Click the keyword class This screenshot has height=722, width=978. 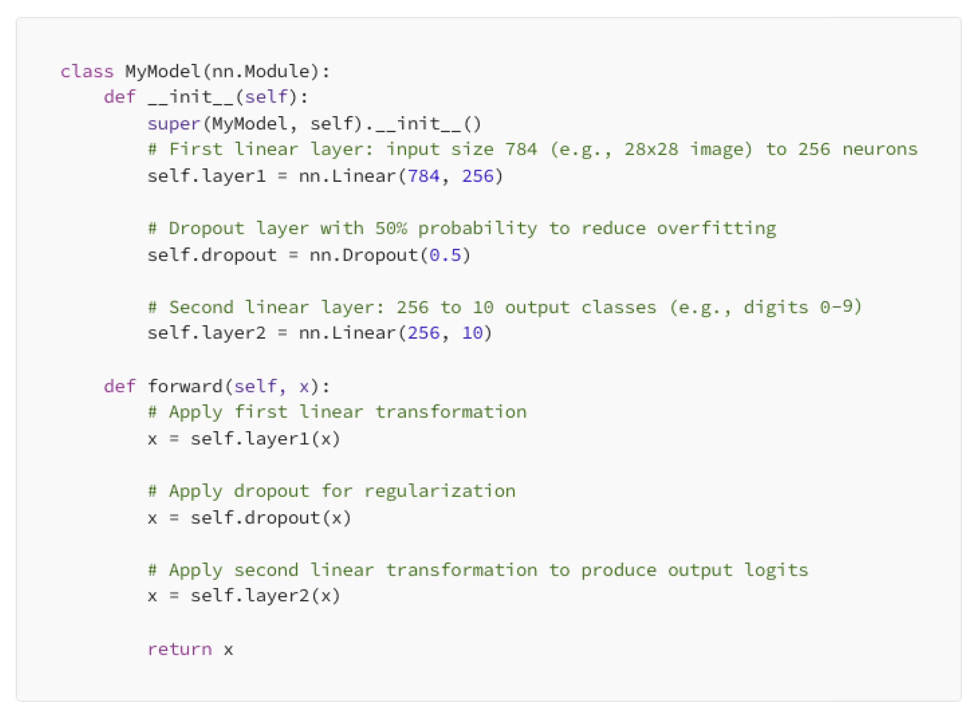(87, 71)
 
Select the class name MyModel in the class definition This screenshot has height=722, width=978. (163, 71)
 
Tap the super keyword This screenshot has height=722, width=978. (173, 124)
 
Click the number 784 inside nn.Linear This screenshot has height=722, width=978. (423, 176)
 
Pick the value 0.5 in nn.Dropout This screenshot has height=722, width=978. (445, 255)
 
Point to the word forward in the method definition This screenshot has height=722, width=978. (185, 386)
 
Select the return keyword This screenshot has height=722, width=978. (179, 649)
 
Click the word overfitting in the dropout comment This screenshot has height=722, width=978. (716, 229)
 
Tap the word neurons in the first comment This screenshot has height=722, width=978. (880, 150)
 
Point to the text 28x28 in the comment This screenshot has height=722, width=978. (651, 150)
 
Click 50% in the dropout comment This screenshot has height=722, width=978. (391, 229)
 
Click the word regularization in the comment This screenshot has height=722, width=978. (440, 491)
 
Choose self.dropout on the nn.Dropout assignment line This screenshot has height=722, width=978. (212, 255)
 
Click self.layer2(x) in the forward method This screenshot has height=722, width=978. (265, 596)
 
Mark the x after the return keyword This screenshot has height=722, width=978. (228, 649)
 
